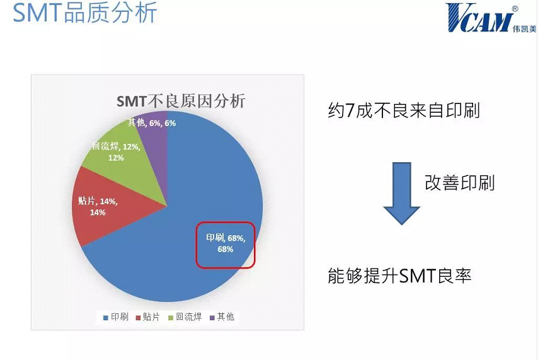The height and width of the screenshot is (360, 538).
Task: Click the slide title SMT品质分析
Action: pyautogui.click(x=85, y=13)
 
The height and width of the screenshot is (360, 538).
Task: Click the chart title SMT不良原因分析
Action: pyautogui.click(x=181, y=102)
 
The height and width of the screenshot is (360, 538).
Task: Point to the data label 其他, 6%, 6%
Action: pyautogui.click(x=152, y=123)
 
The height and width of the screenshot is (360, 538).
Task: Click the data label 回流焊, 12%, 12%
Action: pyautogui.click(x=116, y=152)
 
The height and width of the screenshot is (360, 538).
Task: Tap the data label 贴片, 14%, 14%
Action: pyautogui.click(x=98, y=206)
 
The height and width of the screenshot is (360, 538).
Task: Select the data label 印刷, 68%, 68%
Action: pyautogui.click(x=226, y=243)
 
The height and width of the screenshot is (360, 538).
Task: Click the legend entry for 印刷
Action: pyautogui.click(x=116, y=316)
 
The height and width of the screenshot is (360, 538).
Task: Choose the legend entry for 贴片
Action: pyautogui.click(x=148, y=316)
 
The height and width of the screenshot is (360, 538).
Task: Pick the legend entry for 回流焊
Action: pyautogui.click(x=185, y=316)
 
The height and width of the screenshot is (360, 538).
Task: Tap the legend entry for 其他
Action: pyautogui.click(x=222, y=316)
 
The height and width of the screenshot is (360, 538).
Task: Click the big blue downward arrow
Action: pyautogui.click(x=401, y=194)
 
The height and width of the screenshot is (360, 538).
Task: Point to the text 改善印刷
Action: pyautogui.click(x=460, y=183)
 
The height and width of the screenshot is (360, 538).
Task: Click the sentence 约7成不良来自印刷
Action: pyautogui.click(x=404, y=110)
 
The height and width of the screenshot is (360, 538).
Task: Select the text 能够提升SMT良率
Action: pyautogui.click(x=400, y=276)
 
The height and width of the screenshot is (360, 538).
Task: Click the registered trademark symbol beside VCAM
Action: pyautogui.click(x=515, y=9)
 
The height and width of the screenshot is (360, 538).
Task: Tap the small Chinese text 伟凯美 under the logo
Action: pyautogui.click(x=524, y=29)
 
